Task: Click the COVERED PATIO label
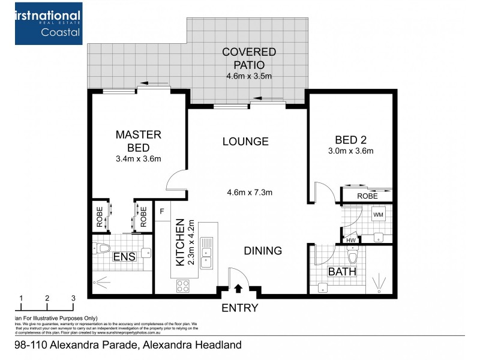tap(249, 58)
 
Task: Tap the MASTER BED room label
tap(139, 141)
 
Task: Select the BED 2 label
tap(351, 139)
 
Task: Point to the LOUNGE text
tap(245, 142)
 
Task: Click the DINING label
tap(263, 251)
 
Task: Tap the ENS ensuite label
tap(124, 257)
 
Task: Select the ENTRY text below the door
tap(240, 308)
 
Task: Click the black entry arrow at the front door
tap(238, 289)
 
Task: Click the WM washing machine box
tap(379, 214)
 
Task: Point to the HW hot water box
tap(350, 241)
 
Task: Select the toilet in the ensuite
tap(104, 247)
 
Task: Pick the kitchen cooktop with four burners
tap(183, 286)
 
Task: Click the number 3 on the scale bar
tap(73, 298)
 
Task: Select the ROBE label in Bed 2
tap(367, 196)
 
